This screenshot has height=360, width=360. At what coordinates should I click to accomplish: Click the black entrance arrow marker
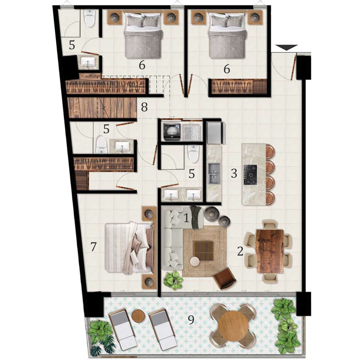click(x=287, y=47)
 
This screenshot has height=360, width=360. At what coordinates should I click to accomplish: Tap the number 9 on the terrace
click(x=191, y=319)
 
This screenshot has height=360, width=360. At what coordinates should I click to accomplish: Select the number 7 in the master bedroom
click(x=93, y=247)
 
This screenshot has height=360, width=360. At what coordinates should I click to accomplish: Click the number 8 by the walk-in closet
click(x=144, y=107)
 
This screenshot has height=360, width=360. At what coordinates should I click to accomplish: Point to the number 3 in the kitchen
click(x=234, y=173)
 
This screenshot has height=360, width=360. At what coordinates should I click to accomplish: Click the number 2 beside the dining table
click(x=240, y=251)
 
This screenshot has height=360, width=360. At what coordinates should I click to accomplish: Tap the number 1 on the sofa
click(x=187, y=218)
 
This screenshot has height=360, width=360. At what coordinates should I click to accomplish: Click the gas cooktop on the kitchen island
click(x=250, y=174)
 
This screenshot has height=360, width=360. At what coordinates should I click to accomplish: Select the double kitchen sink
click(x=214, y=173)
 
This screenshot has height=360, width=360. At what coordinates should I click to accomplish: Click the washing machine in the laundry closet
click(x=171, y=132)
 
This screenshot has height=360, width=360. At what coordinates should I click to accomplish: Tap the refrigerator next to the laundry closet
click(x=215, y=133)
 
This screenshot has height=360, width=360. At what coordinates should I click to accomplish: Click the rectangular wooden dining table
click(x=270, y=251)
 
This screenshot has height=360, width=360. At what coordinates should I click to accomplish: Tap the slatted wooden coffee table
click(x=203, y=250)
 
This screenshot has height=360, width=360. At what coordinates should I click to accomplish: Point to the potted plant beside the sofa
click(x=173, y=280)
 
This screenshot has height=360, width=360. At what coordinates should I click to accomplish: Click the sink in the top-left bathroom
click(x=88, y=62)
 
